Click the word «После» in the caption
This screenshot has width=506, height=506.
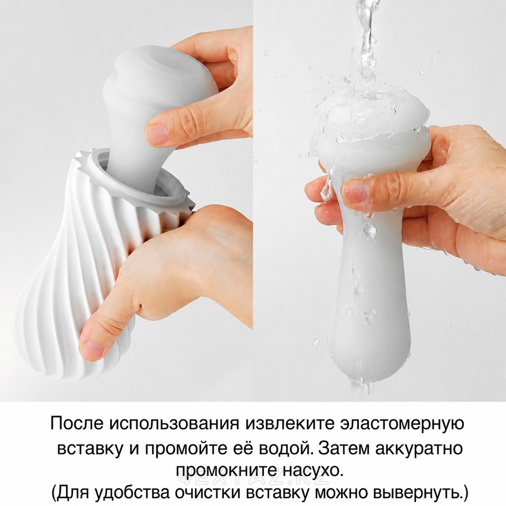[x=76, y=423]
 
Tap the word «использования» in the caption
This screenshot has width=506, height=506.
[x=174, y=424]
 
